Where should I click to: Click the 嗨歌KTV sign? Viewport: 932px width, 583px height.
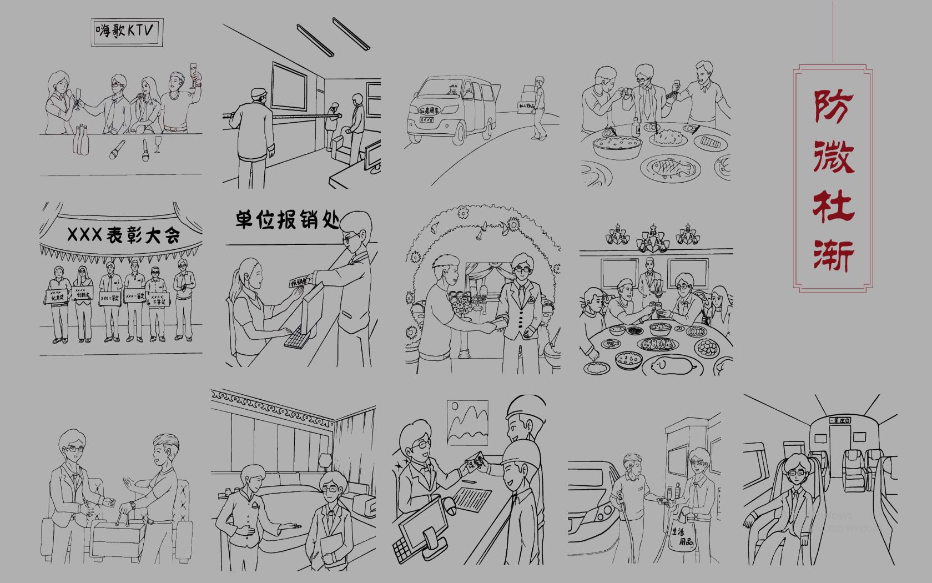[127, 32]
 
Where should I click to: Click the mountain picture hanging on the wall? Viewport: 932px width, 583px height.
[468, 422]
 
